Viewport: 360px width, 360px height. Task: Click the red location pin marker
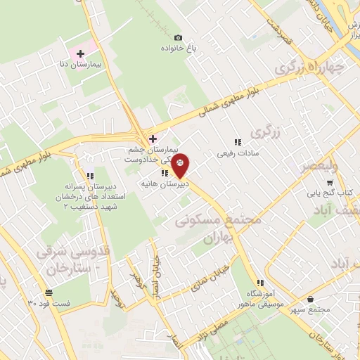pos(180,166)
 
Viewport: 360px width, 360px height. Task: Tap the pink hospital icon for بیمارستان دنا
pos(80,53)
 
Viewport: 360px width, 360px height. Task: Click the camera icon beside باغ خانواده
pos(178,37)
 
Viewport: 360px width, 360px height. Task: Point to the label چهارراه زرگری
pos(312,68)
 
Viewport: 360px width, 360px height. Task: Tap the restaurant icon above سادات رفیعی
pos(237,141)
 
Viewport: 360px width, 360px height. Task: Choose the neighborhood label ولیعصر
pos(320,166)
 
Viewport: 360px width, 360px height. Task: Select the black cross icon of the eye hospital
pos(153,138)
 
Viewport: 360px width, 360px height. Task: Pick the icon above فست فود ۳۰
pos(48,292)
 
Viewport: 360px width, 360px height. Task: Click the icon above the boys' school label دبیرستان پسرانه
pos(89,176)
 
